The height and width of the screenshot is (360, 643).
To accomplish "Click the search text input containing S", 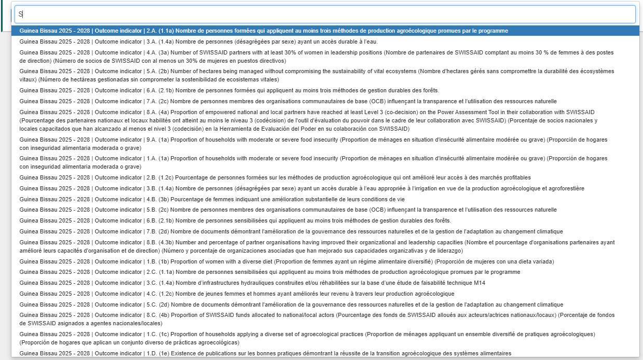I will point(324,15).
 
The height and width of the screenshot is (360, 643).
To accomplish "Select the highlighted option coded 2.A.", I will point(264,31).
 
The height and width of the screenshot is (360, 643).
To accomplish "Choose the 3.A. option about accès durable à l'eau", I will point(198,41).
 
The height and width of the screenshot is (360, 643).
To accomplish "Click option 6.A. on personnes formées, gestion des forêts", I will point(229,90).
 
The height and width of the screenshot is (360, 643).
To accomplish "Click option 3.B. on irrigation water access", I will point(302,188).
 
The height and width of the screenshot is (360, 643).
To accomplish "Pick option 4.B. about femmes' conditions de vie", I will point(212,199).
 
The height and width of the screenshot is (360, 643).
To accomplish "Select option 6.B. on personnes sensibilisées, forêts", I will point(235,220).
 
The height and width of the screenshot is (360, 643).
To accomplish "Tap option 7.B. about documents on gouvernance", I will point(291,231).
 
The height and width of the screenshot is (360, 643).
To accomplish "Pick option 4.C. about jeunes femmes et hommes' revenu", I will point(237,294).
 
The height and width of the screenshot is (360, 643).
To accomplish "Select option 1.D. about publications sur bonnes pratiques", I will point(265,353).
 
